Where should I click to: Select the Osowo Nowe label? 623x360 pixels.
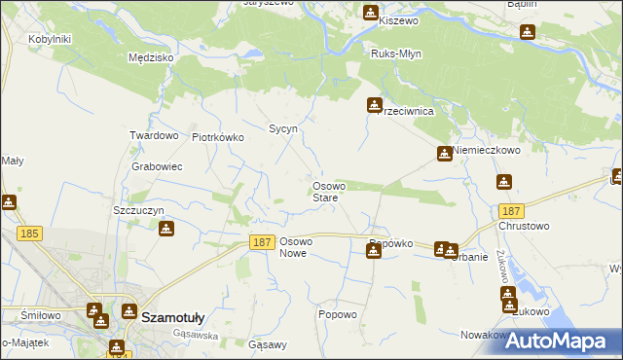click(x=294, y=247)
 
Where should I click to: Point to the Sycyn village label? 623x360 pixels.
click(x=282, y=128)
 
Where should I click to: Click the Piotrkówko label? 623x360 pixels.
click(x=218, y=137)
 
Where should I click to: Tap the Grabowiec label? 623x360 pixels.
click(x=157, y=166)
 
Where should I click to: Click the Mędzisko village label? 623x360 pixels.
click(x=151, y=57)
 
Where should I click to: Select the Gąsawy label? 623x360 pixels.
click(x=268, y=344)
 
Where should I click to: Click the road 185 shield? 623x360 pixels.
click(x=29, y=234)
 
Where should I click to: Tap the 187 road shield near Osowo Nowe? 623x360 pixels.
click(x=260, y=242)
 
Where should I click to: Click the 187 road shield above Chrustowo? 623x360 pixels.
click(x=511, y=210)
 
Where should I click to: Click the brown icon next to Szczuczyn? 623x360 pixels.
click(x=166, y=229)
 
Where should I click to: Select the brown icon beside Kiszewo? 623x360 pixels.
click(x=371, y=13)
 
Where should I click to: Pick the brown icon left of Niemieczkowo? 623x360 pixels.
click(x=444, y=153)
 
